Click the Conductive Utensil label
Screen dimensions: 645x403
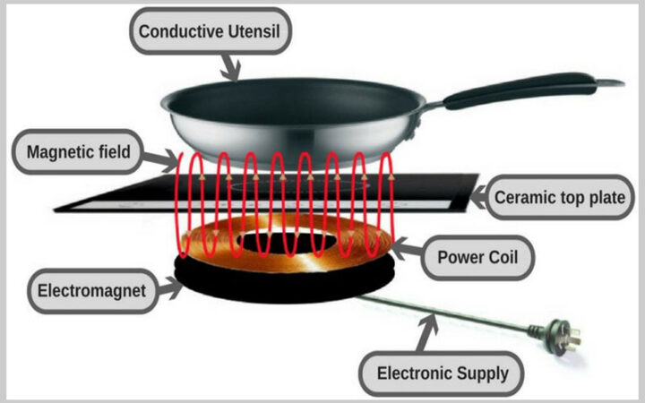pyautogui.click(x=210, y=31)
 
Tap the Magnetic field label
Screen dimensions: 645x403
pyautogui.click(x=78, y=152)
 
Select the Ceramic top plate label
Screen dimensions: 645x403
pyautogui.click(x=559, y=197)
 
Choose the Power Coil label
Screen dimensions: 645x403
pyautogui.click(x=477, y=257)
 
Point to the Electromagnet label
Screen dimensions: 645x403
pyautogui.click(x=92, y=291)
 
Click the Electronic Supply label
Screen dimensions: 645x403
pyautogui.click(x=442, y=373)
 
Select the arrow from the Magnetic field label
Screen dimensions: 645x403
pyautogui.click(x=161, y=159)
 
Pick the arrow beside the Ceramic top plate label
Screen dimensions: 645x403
pyautogui.click(x=478, y=196)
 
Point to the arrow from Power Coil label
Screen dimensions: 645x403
pyautogui.click(x=408, y=247)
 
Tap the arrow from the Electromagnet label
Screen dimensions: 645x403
pyautogui.click(x=169, y=287)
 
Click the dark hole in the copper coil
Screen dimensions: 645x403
pyautogui.click(x=287, y=242)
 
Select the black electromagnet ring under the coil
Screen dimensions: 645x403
pyautogui.click(x=284, y=284)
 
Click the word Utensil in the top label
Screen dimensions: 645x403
pyautogui.click(x=254, y=31)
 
